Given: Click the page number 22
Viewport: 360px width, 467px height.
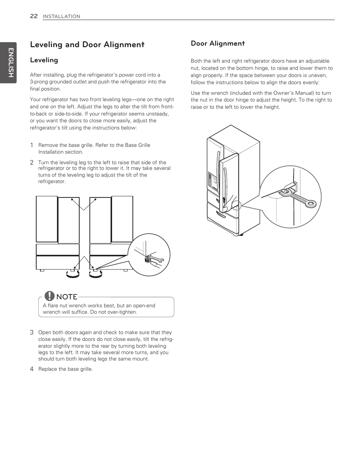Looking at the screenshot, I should (34, 16).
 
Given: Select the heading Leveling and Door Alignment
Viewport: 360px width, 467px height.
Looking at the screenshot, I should (87, 45).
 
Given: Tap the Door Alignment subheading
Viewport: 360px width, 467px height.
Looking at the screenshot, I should (218, 43).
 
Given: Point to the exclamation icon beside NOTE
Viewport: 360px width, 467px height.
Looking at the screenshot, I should (49, 296).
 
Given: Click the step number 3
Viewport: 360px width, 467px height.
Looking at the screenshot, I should (32, 332).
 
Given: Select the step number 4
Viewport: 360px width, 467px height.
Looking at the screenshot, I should (32, 369).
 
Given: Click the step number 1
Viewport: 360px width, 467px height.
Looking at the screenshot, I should (32, 145).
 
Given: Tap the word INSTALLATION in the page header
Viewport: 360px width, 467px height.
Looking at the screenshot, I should (61, 16).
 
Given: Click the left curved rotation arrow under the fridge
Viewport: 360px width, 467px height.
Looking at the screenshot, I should (72, 275).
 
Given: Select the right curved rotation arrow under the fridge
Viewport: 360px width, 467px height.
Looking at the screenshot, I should (95, 275).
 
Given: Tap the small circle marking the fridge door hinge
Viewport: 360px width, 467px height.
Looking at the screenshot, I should (236, 205).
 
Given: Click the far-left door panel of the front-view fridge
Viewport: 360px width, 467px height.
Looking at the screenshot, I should (47, 219).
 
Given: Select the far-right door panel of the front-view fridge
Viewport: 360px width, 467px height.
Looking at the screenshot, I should (122, 219).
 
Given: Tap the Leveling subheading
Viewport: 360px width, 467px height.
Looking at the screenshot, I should (44, 60).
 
